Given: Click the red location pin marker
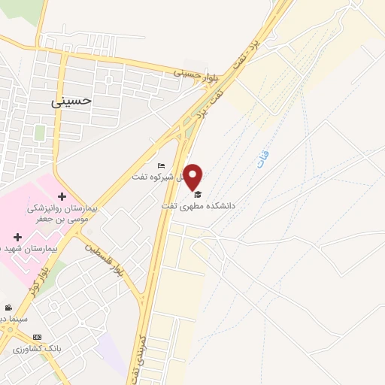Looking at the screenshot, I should [x=194, y=176].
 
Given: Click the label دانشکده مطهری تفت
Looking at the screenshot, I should [x=199, y=205].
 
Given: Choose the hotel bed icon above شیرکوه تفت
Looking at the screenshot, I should [x=160, y=166].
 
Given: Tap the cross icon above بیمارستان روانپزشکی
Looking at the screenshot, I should [x=62, y=196].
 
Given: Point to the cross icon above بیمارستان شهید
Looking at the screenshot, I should [x=17, y=237].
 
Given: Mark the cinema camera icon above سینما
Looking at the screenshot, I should [x=8, y=308].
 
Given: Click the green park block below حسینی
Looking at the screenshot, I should [x=39, y=132].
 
